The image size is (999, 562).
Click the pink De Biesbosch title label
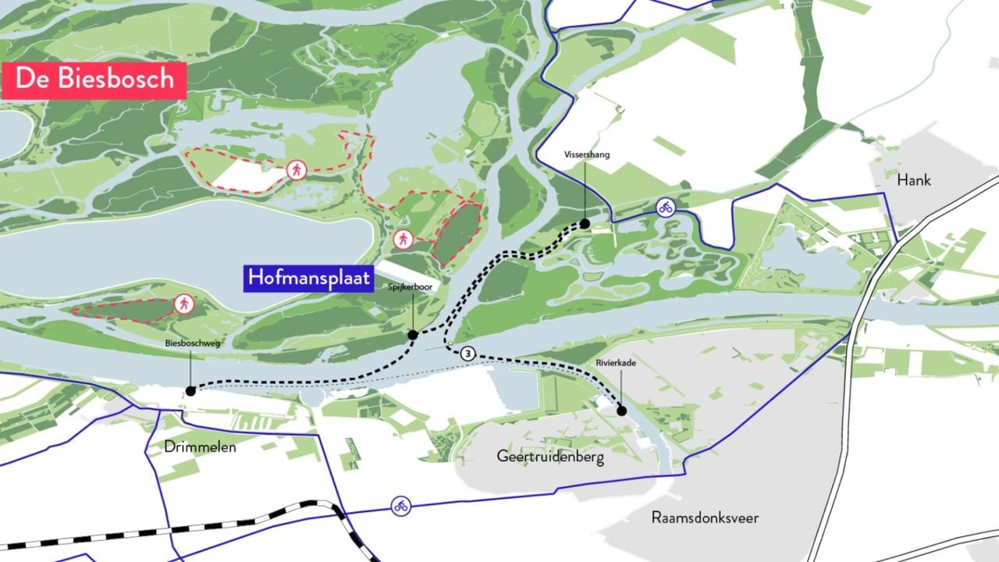[94, 80]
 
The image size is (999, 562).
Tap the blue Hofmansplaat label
[308, 279]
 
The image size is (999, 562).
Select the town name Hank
[913, 180]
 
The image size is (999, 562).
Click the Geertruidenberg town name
[550, 457]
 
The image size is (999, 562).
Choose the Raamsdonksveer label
[705, 518]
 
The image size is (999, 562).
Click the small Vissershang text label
[587, 155]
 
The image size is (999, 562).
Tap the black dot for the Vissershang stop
[585, 224]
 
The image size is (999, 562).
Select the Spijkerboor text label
[407, 287]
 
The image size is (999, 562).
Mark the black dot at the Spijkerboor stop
[413, 335]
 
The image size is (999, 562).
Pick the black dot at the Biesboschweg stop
[190, 391]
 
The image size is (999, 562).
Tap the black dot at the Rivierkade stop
[622, 411]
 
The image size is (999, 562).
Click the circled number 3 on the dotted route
[467, 354]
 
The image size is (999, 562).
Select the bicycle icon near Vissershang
[665, 208]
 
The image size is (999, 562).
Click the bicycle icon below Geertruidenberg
[401, 506]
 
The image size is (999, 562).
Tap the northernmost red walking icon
[296, 169]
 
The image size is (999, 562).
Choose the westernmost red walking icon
[184, 303]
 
